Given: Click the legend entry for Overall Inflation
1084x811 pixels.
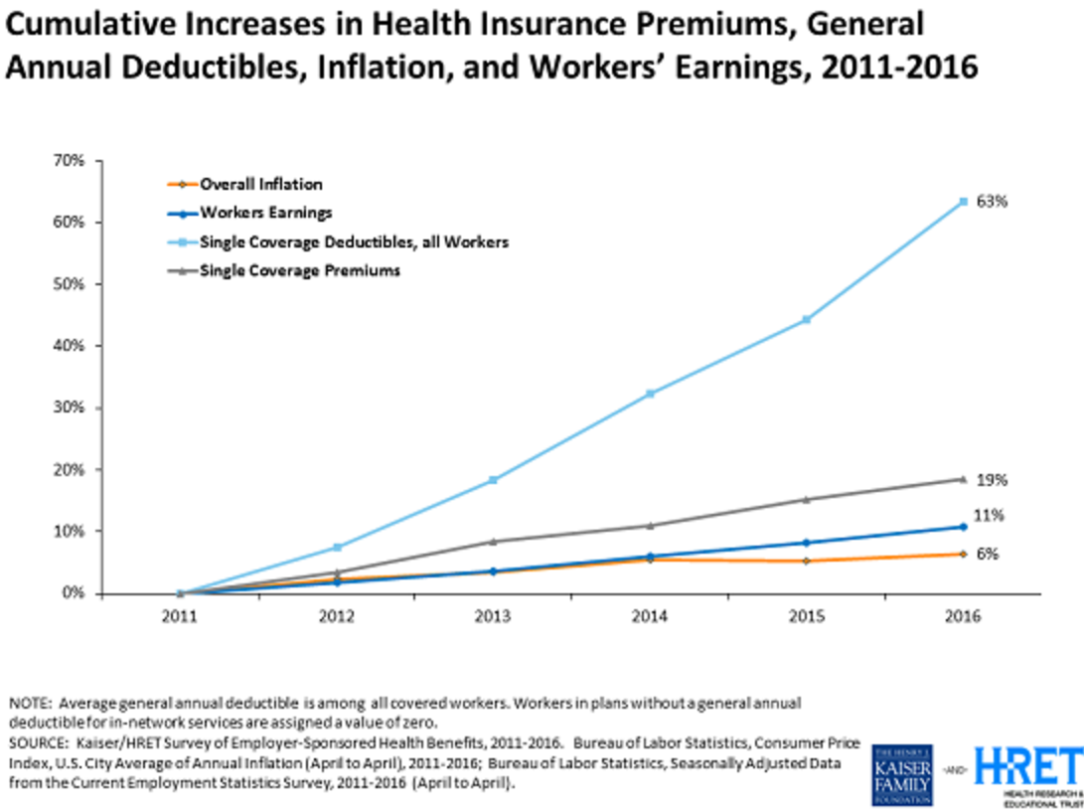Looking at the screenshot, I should [260, 184].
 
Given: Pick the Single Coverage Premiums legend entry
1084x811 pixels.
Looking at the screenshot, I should [299, 269].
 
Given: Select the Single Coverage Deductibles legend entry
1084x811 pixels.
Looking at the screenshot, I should [355, 241].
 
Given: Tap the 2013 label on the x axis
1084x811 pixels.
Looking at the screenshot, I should [494, 616].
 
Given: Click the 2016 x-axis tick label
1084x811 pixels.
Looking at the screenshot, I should [963, 616].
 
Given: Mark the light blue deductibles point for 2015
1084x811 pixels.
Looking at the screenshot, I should [807, 319].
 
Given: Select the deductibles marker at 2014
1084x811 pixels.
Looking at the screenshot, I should [650, 394].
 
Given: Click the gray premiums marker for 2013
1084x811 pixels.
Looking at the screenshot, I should [494, 542].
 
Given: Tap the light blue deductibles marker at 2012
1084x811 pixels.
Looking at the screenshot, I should [337, 548].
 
